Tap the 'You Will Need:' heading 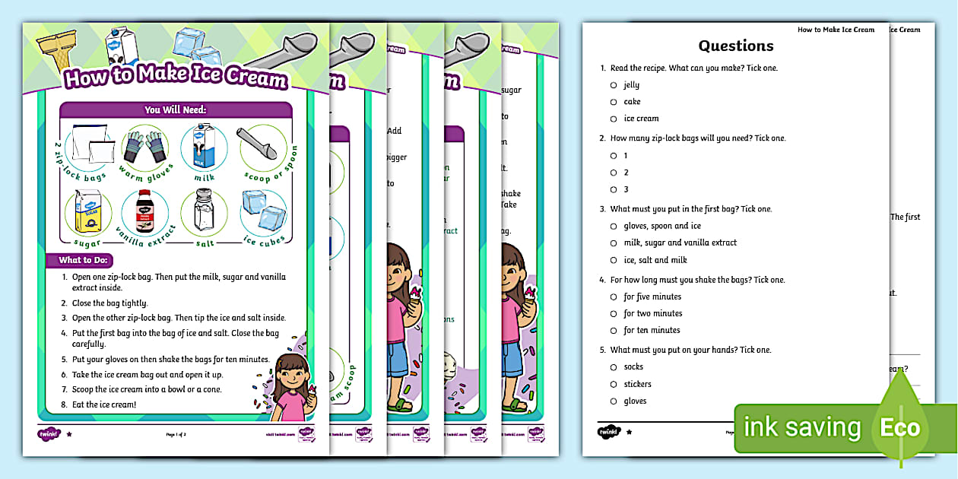(176, 110)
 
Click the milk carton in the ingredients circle (203, 147)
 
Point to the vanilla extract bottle (144, 211)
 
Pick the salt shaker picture (203, 210)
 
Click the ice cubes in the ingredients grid (263, 210)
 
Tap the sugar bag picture (87, 211)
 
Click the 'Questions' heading (735, 46)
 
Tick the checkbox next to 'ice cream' (613, 119)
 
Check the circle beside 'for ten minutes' (613, 330)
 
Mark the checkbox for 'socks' (613, 367)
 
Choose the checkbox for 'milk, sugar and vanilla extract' (613, 243)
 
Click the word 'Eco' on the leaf (899, 427)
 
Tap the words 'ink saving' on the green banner (801, 427)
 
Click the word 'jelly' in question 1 (631, 85)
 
